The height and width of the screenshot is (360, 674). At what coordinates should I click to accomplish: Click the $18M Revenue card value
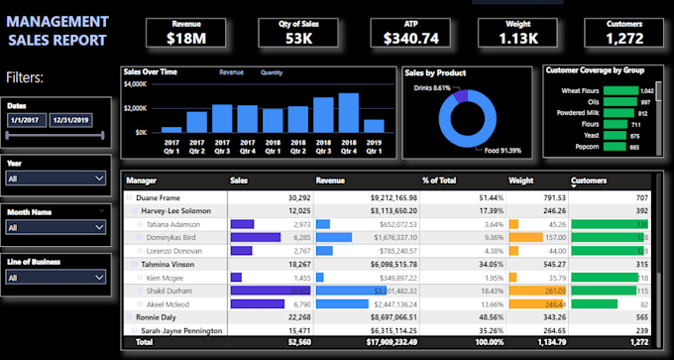coord(185,39)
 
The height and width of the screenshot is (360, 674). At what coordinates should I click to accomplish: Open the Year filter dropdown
coord(56,178)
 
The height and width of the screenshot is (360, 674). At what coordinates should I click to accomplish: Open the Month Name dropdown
coord(56,227)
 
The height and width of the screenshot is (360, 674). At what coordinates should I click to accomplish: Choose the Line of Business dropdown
coord(56,278)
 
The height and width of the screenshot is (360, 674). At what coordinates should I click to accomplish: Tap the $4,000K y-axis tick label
coord(135,84)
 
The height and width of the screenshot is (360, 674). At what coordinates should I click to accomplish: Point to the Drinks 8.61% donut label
coord(432,88)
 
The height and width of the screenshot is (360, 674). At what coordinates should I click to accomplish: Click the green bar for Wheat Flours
coord(620,90)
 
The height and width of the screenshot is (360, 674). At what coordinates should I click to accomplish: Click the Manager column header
coord(142,181)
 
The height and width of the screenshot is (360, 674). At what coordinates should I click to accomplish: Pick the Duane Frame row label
coord(159,197)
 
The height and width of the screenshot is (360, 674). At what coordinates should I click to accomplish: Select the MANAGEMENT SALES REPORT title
coord(57,31)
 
